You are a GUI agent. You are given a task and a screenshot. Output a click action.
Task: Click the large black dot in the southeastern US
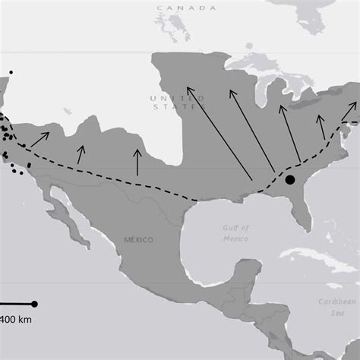tap(289, 180)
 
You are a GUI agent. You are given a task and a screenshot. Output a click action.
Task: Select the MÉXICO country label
tap(138, 240)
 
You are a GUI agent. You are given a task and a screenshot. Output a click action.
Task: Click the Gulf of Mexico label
tap(235, 233)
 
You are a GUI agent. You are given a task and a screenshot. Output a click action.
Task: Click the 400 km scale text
tap(15, 319)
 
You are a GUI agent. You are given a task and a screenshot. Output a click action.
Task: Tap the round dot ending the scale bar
tap(34, 304)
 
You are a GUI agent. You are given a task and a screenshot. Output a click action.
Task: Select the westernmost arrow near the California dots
tap(39, 139)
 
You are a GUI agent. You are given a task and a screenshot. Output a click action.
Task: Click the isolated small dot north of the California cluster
tap(11, 72)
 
